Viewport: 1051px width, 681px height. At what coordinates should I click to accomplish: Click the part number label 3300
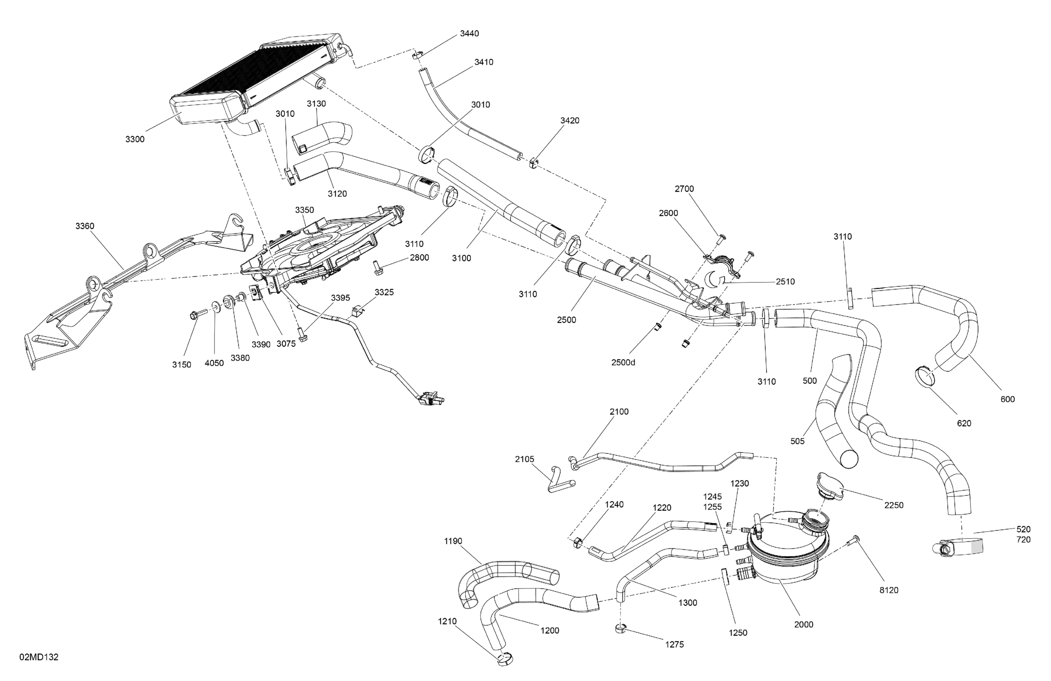135,139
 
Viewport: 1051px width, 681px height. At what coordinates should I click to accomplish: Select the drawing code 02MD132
39,657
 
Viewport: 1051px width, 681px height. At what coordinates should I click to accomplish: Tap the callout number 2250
894,506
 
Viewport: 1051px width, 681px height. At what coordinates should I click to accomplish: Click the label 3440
469,34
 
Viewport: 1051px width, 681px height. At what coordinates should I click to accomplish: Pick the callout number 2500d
623,363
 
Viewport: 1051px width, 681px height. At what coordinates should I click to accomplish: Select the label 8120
889,590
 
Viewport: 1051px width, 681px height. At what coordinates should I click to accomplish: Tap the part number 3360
85,226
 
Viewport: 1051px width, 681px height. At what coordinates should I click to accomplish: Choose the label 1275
675,645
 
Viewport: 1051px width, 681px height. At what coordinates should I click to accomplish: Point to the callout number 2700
684,189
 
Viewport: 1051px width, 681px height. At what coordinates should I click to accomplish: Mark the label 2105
525,459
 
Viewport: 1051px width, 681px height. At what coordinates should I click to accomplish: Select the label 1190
453,541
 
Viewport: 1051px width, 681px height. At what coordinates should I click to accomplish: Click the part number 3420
570,121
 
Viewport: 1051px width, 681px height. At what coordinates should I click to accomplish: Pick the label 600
1008,399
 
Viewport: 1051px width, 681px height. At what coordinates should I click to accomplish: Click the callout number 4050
214,364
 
